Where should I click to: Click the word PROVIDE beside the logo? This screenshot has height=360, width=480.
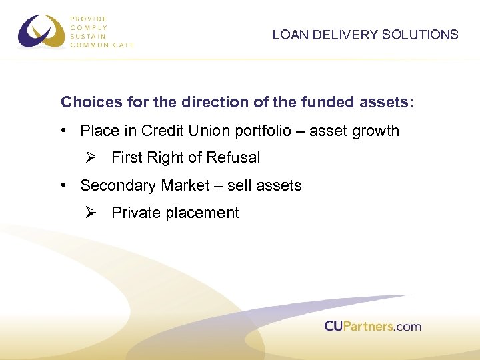[x=89, y=19]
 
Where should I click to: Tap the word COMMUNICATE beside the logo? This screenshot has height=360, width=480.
[x=102, y=45]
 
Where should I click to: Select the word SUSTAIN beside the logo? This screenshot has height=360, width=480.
[x=88, y=37]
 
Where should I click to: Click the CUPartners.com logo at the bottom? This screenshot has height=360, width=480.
[x=373, y=326]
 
